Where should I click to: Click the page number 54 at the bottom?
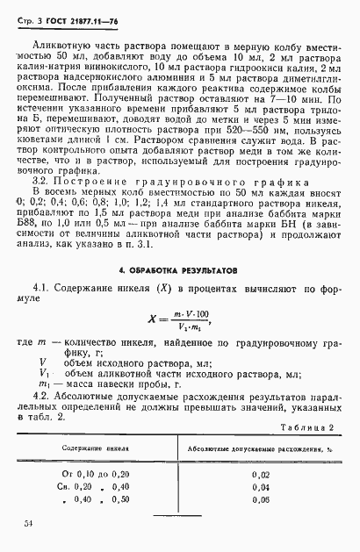tap(29, 524)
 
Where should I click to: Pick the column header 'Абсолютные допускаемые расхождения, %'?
tap(251, 448)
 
